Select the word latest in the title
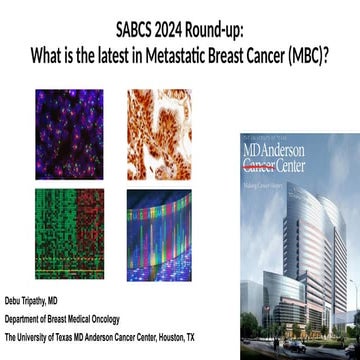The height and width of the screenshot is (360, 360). click(x=141, y=43)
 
